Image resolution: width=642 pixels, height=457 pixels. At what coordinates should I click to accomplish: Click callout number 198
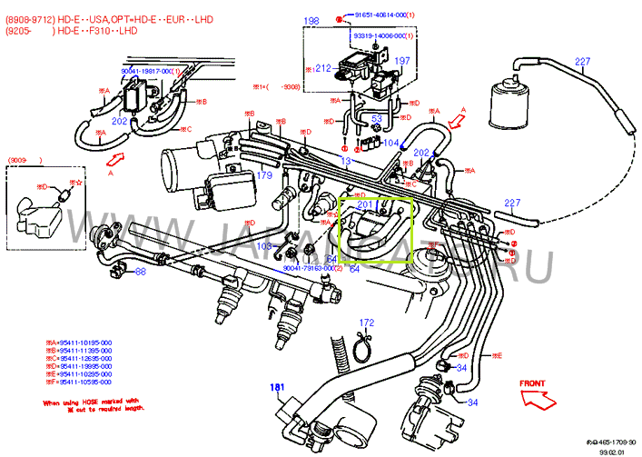coord(311,20)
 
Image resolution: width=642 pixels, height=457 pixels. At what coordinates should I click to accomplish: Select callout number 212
coord(322,68)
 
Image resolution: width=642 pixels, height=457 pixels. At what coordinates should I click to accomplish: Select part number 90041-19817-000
coord(150,70)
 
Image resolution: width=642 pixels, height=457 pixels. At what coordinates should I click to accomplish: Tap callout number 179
coord(264,175)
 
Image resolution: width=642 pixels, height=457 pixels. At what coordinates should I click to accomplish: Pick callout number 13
coord(345,161)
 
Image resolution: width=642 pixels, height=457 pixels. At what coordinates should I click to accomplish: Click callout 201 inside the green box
coord(365,205)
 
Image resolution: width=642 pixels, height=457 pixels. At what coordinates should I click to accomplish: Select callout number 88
coord(140,271)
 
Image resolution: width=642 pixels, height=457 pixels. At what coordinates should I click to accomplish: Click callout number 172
coord(366,323)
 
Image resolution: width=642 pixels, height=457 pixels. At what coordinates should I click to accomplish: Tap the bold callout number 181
coord(277,387)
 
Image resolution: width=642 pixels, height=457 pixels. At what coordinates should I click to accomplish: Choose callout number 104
coord(390,144)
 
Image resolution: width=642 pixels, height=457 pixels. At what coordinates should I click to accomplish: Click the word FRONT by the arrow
coord(532,383)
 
